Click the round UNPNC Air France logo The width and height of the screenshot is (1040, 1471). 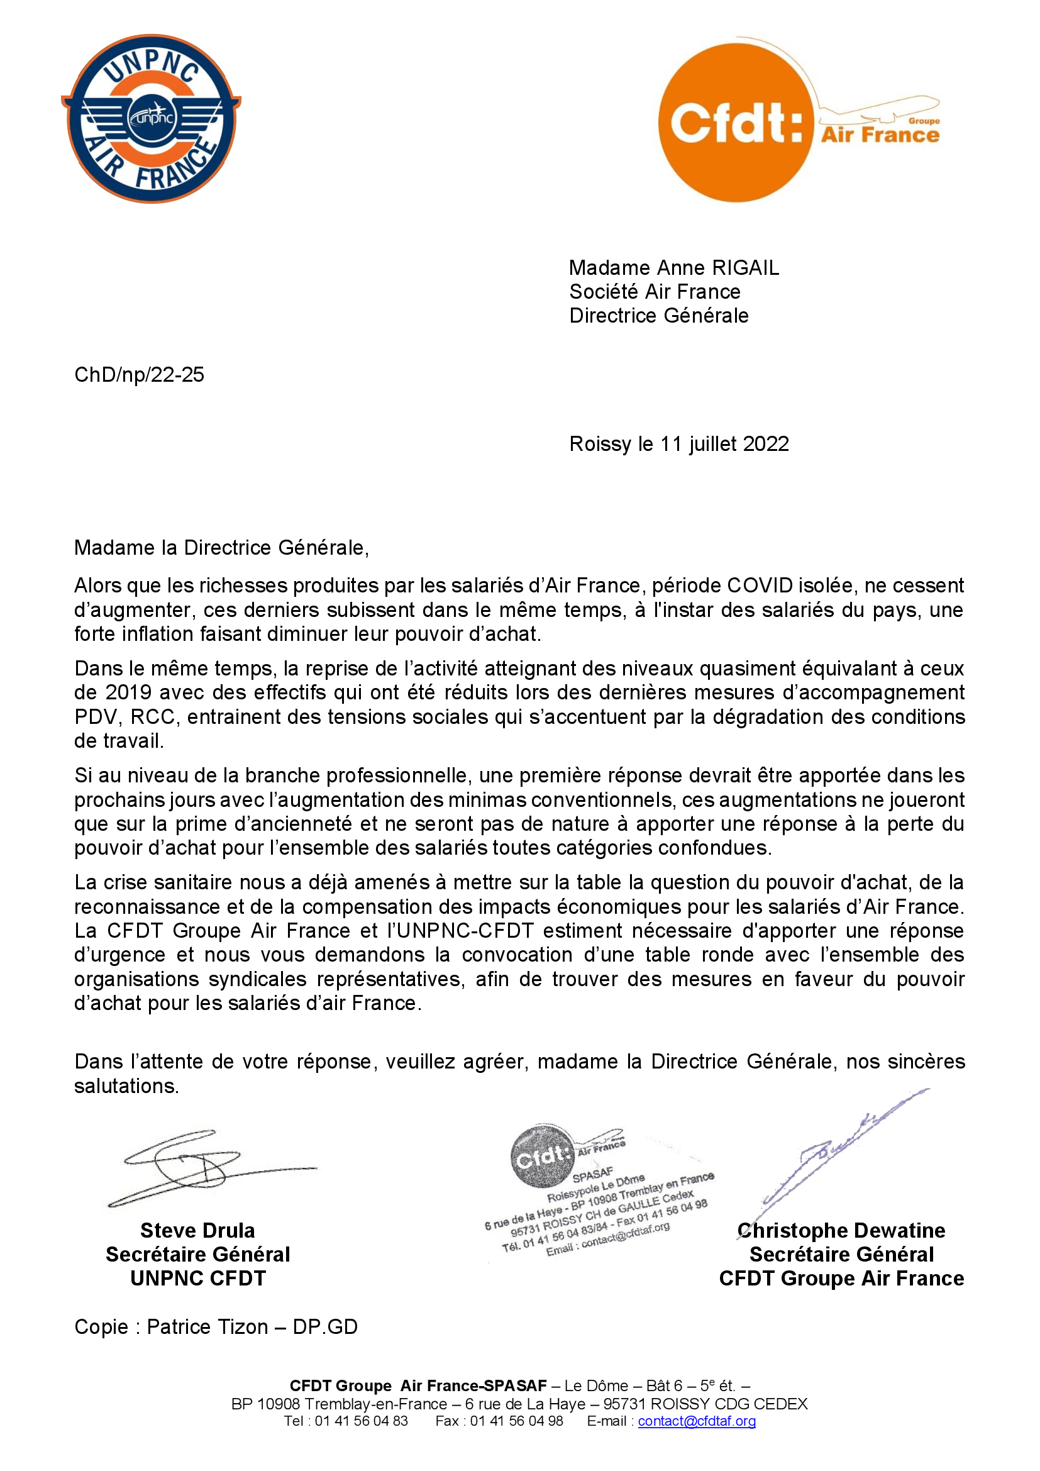[151, 118]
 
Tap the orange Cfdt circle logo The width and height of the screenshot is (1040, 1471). [736, 123]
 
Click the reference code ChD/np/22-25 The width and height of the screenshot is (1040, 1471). [139, 375]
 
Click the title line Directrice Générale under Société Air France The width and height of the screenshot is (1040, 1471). [658, 316]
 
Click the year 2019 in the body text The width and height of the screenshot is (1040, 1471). [128, 692]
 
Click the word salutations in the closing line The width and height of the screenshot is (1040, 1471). [126, 1086]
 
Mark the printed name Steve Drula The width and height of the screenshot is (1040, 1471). [197, 1230]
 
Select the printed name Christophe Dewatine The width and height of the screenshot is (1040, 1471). [841, 1230]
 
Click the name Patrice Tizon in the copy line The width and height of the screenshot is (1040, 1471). [207, 1326]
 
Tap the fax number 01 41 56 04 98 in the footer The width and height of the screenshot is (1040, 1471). [516, 1421]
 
